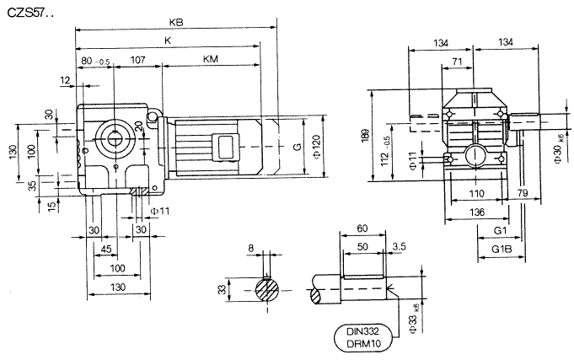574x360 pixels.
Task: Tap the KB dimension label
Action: coord(175,23)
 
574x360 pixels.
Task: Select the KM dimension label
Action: coord(209,60)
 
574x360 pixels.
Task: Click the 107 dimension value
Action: coord(137,60)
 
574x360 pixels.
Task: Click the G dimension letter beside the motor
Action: coord(297,147)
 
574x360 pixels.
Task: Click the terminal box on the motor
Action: coord(225,145)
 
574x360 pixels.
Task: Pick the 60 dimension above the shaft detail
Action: coord(362,229)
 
